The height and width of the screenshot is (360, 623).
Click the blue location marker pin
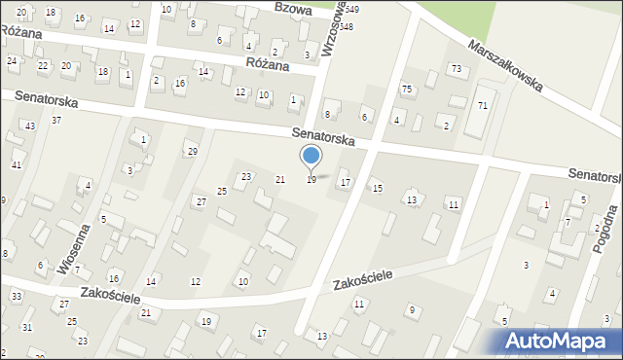(x=311, y=157)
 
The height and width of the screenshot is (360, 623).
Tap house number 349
(x=351, y=9)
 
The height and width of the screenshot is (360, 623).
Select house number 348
(x=346, y=26)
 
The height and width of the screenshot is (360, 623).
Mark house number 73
(x=456, y=68)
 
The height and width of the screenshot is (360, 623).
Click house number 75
(x=407, y=89)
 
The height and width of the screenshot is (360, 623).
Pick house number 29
(x=192, y=151)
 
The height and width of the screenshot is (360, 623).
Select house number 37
(x=56, y=120)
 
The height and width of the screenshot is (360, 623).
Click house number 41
(x=17, y=164)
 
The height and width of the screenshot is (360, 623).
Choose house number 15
(x=378, y=188)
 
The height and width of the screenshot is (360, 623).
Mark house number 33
(x=17, y=295)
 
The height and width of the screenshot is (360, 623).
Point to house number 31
(x=27, y=326)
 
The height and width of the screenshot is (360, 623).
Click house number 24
(x=12, y=60)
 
